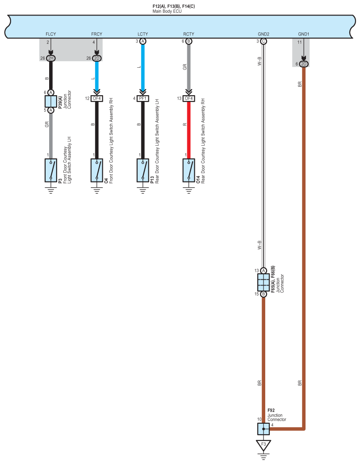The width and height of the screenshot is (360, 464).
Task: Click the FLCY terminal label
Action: (x=50, y=34)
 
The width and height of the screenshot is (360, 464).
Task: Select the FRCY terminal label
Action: (x=97, y=34)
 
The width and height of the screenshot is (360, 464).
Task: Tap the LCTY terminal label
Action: (x=143, y=34)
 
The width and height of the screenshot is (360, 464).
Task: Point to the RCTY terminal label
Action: (x=189, y=34)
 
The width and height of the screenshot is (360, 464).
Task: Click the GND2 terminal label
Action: (x=263, y=34)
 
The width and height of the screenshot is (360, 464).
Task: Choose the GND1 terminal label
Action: (x=303, y=34)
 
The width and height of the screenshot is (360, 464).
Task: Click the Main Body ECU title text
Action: (x=167, y=11)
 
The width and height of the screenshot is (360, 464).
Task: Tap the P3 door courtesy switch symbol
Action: (x=51, y=170)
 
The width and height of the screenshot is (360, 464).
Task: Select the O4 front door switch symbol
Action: (x=97, y=170)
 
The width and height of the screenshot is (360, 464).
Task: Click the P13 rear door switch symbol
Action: (x=143, y=170)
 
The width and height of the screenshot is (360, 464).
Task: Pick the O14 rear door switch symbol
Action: (x=189, y=170)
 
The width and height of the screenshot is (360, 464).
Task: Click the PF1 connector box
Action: (x=143, y=98)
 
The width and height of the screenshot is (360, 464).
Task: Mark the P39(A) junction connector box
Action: (x=51, y=101)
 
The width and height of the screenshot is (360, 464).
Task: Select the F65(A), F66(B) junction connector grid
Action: (x=263, y=282)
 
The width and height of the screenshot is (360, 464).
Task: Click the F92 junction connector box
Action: (x=263, y=429)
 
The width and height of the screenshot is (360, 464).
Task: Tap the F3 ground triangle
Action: (x=263, y=445)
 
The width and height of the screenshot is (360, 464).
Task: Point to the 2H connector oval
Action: (x=51, y=58)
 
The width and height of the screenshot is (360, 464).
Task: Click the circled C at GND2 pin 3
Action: (x=263, y=41)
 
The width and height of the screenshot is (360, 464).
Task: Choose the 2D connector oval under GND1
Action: (x=303, y=64)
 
